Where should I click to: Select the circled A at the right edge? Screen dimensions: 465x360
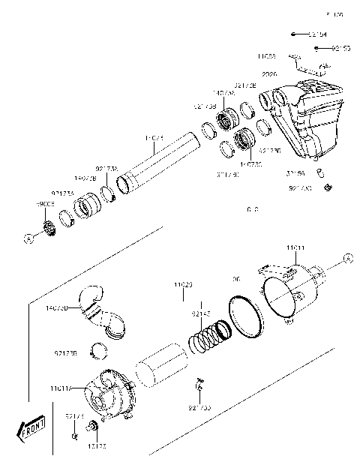pos(347,259)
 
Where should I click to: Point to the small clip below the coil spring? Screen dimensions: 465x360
pos(201,385)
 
